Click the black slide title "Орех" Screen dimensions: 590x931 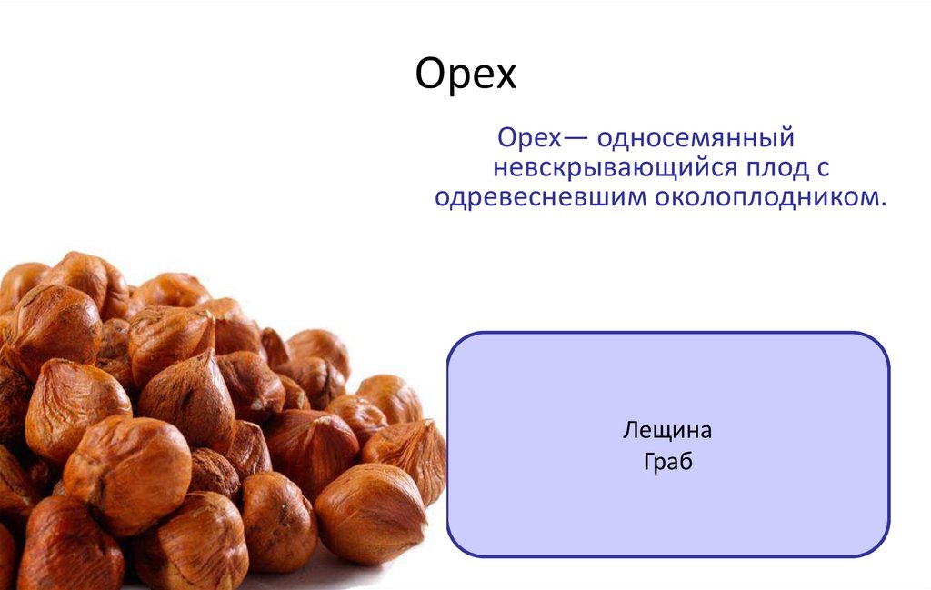pos(465,75)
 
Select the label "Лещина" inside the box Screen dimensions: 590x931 pos(667,430)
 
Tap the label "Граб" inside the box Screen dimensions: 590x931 pos(667,462)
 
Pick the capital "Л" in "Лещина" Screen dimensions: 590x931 pos(628,431)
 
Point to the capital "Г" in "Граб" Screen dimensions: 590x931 pos(648,462)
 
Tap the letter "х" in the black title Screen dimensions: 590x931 pos(505,78)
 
